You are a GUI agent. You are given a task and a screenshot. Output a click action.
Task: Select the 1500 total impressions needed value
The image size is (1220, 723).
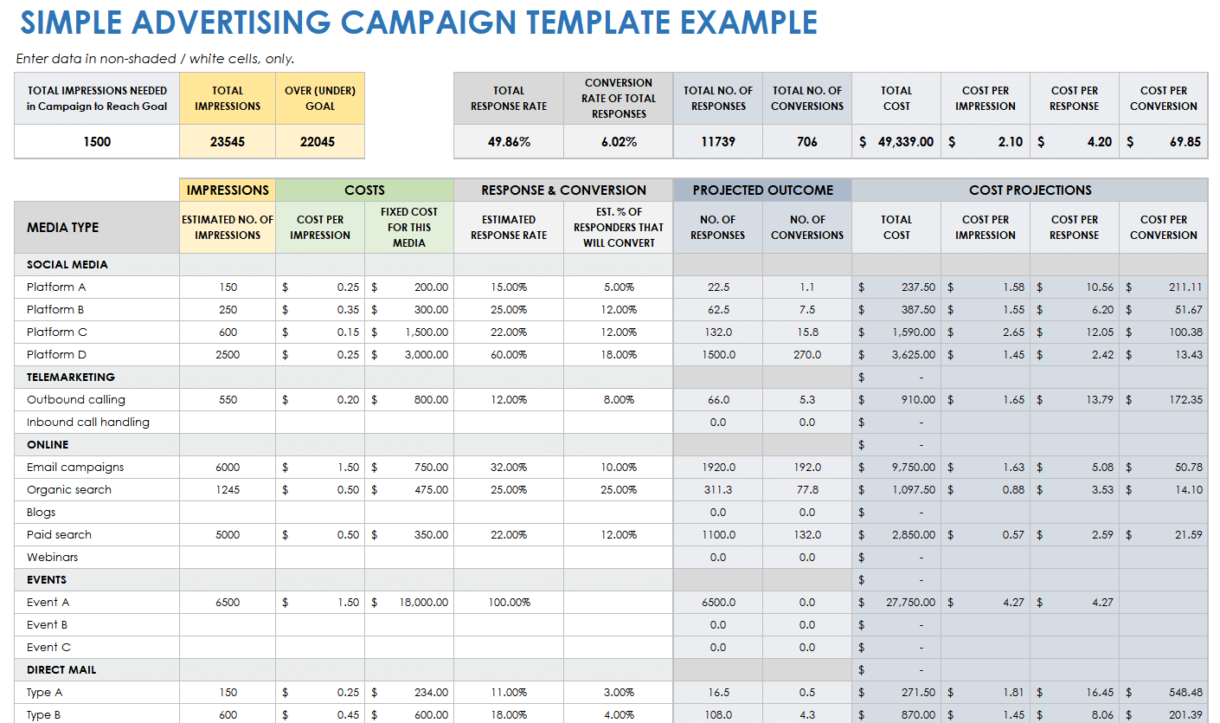point(97,141)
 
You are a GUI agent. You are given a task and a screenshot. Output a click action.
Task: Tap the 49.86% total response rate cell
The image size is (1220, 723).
point(509,141)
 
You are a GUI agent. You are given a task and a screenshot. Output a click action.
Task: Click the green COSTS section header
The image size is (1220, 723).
point(364,190)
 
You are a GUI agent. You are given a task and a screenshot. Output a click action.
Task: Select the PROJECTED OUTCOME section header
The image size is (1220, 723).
point(762,190)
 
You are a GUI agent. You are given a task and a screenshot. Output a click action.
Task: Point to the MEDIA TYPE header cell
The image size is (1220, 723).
point(63,227)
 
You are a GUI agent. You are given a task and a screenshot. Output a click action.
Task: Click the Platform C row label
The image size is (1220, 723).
point(57,332)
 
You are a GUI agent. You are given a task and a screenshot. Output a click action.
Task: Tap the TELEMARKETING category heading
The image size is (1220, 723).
point(71,377)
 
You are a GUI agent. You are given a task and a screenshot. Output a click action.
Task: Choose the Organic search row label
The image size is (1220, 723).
point(69,489)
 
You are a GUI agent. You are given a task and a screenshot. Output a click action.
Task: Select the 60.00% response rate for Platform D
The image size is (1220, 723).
point(509,354)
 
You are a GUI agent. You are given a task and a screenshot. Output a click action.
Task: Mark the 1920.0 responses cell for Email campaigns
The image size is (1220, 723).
point(717,467)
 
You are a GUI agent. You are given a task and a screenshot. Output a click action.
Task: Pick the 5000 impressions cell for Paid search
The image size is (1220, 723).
point(228,534)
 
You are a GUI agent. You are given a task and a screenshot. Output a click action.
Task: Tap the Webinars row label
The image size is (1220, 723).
point(53,557)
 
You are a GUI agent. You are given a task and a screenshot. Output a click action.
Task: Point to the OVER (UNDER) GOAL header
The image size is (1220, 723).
point(320,98)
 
